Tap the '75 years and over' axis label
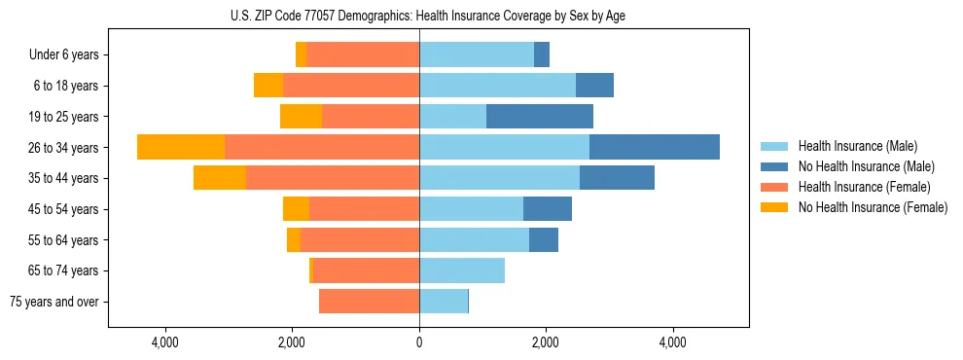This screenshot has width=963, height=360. (x=54, y=302)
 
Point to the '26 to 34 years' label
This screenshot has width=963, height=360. (x=65, y=148)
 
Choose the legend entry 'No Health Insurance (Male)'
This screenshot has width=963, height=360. (x=866, y=166)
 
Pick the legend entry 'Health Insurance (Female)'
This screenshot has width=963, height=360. (x=864, y=187)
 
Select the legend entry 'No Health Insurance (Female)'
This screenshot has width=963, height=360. (x=873, y=207)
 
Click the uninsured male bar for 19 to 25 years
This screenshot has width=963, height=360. (x=540, y=117)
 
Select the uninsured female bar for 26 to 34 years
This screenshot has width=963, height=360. (x=181, y=147)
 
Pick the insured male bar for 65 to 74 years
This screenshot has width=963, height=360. (x=462, y=270)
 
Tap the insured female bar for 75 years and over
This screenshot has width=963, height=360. (x=369, y=302)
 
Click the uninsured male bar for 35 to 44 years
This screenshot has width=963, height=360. (x=617, y=178)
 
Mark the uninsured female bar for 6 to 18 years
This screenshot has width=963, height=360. (x=268, y=86)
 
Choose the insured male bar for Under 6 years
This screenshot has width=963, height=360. (x=477, y=54)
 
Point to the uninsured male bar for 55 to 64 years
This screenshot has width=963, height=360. (x=544, y=239)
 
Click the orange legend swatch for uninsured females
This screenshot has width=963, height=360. (x=774, y=207)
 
